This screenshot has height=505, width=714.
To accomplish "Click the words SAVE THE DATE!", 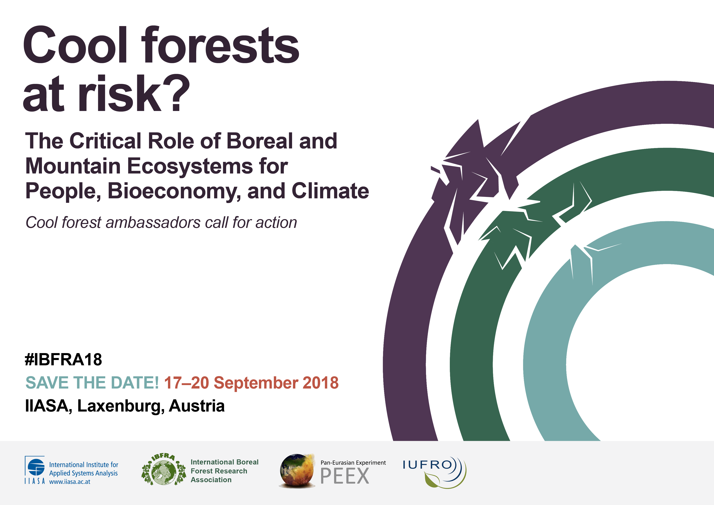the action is (92, 383).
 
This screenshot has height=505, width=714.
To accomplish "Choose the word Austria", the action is (197, 406).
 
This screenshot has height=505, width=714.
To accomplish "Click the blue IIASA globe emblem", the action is (36, 467).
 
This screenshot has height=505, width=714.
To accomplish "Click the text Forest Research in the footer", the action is (219, 471).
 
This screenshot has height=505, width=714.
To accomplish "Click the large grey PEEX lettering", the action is (345, 476).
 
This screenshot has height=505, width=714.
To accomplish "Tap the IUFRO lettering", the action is (427, 465).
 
